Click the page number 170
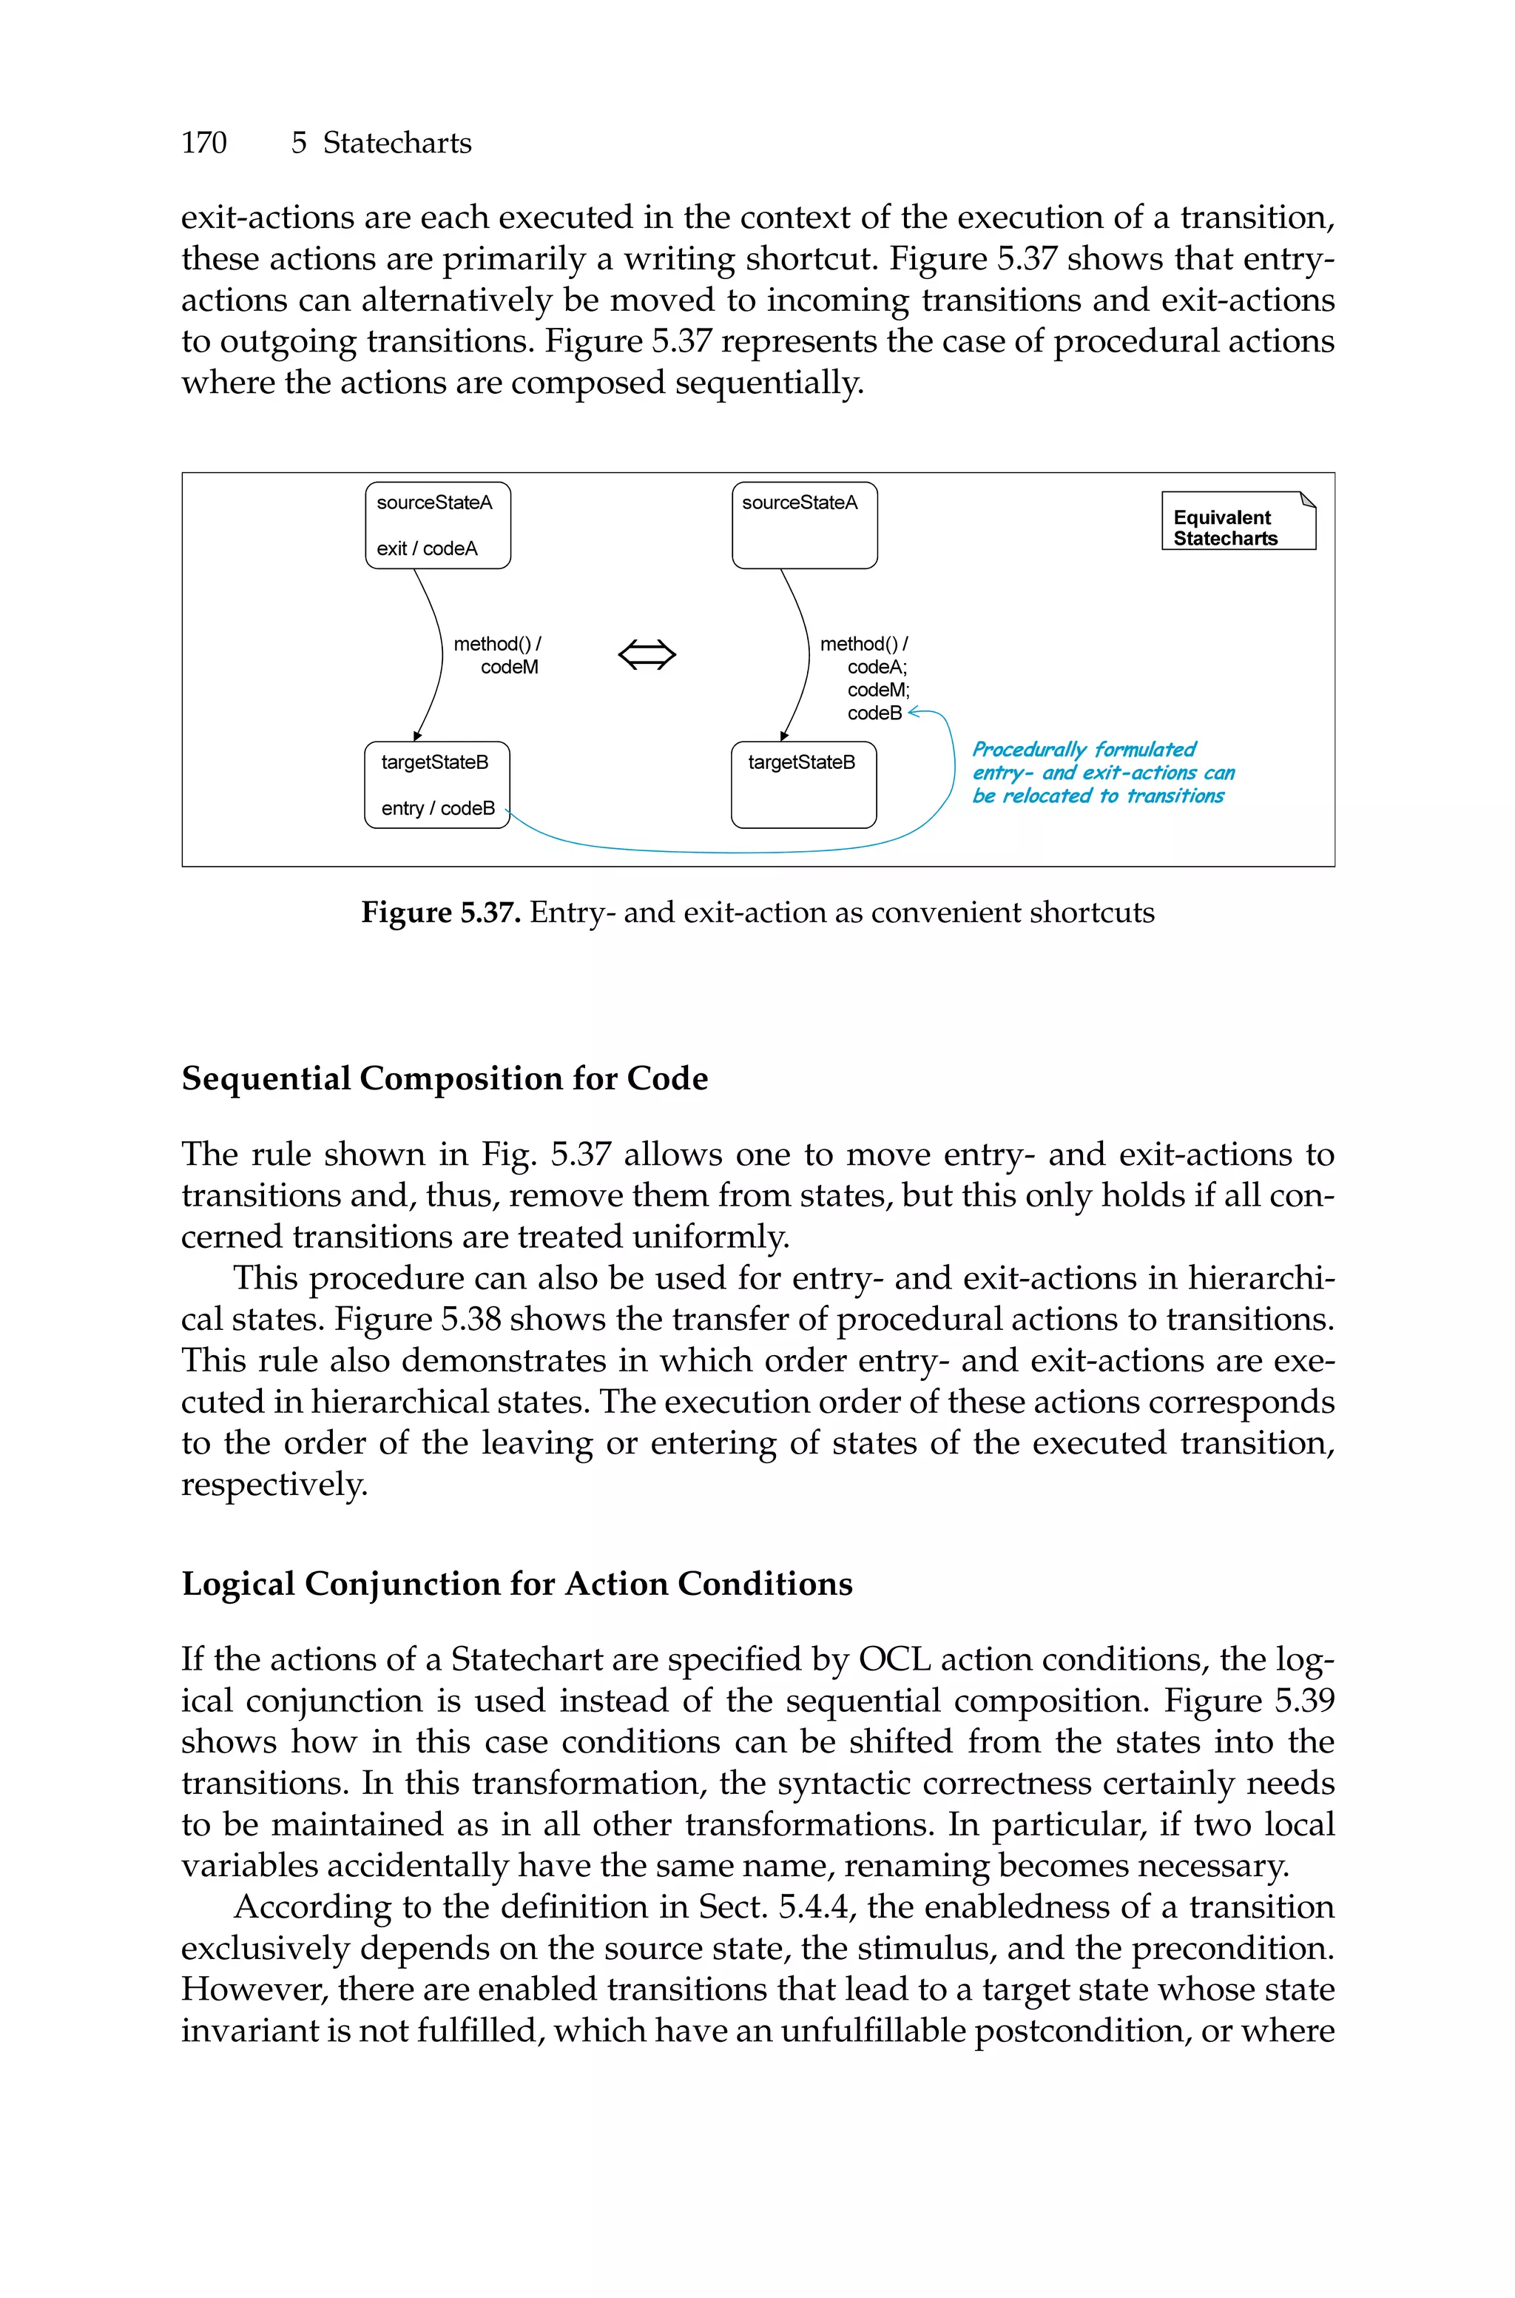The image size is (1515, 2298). [204, 143]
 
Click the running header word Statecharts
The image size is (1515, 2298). [397, 143]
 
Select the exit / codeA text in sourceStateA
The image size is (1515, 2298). [427, 549]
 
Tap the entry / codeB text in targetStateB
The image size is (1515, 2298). [438, 809]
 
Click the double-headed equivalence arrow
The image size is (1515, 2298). [647, 655]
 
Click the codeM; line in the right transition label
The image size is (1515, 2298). [878, 690]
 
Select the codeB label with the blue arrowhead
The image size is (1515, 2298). [874, 713]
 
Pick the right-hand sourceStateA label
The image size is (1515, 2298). [799, 503]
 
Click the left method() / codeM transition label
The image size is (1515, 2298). [498, 655]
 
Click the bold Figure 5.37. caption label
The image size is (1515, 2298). [442, 913]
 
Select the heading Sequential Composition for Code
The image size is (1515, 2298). [445, 1078]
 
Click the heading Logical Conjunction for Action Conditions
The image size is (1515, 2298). [517, 1584]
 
